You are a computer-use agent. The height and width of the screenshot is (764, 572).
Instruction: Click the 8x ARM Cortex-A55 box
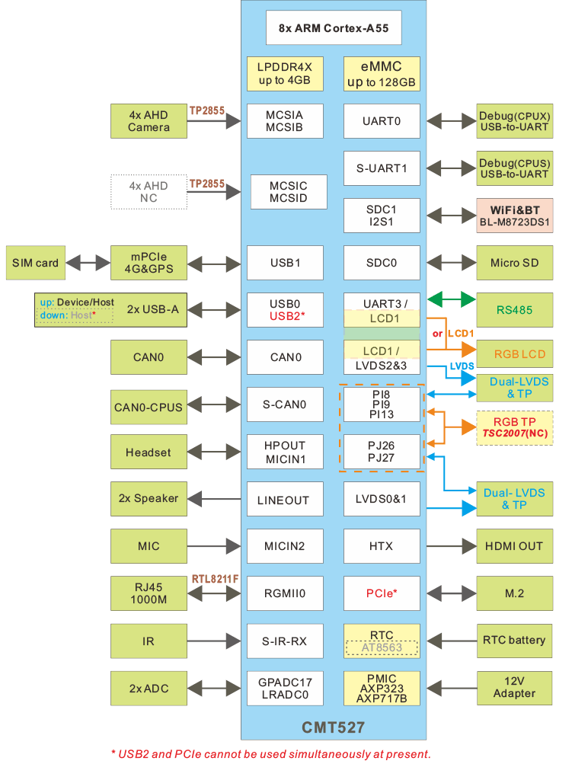334,28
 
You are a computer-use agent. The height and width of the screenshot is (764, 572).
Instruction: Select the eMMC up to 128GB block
382,74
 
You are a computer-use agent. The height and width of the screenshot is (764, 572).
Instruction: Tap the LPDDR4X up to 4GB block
284,74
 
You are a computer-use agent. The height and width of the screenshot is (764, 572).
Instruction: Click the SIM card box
35,263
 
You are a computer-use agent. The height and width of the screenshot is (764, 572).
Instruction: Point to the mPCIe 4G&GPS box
149,263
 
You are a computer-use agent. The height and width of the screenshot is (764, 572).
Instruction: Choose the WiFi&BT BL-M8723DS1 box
515,216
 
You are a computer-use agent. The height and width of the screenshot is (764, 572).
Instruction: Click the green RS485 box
515,310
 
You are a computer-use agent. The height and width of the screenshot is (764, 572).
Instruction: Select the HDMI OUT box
515,546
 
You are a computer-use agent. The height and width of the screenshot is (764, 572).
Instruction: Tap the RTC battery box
515,640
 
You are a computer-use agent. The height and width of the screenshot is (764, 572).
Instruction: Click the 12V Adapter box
515,688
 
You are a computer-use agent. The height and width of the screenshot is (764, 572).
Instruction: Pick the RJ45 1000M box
149,593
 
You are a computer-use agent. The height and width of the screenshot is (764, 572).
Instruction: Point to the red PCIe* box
382,593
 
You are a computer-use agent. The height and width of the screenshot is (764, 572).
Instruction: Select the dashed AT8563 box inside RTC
382,647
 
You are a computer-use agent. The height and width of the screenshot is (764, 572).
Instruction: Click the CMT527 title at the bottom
334,728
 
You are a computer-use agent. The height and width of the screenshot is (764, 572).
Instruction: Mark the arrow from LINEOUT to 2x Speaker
216,499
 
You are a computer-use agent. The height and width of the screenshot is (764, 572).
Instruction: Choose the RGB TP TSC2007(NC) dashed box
515,428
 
